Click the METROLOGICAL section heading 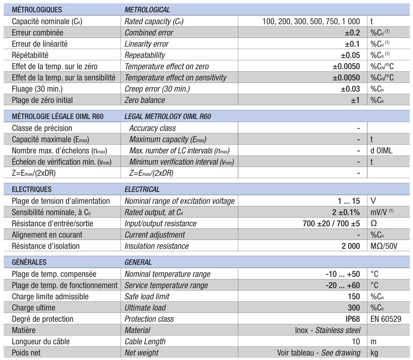(147, 9)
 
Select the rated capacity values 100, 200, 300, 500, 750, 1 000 (311, 21)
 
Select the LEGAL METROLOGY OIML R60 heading (168, 116)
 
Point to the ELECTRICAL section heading (142, 189)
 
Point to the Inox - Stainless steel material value (327, 330)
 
